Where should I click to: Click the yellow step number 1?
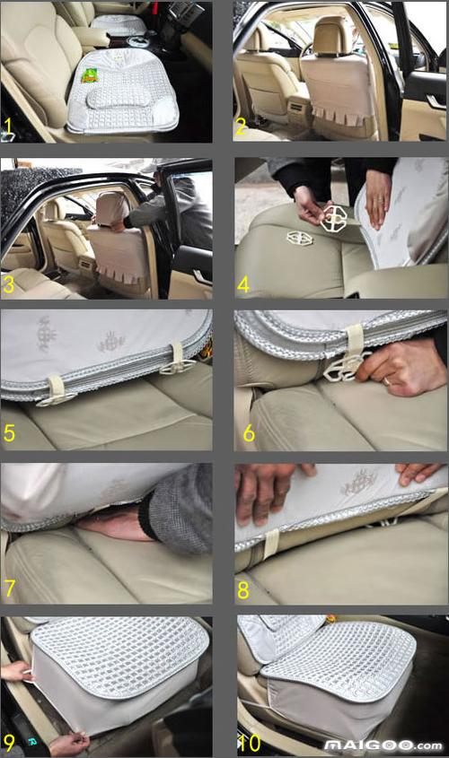pos(8,126)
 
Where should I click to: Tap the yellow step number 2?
pos(241,126)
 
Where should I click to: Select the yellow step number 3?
pos(8,284)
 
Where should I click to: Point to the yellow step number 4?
pos(243,284)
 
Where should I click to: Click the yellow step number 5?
pos(9,433)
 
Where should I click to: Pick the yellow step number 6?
pos(249,433)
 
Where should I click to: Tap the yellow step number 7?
pos(10,588)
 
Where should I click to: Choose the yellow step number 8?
pos(242,589)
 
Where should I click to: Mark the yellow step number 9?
pos(8,742)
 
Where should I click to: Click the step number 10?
pos(249,743)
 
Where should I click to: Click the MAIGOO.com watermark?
pos(383,745)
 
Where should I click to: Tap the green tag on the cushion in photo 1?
pos(91,75)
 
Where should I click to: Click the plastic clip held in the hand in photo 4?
pos(333,217)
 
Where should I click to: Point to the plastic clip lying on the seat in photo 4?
pos(300,238)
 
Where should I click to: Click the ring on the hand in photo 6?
pos(386,381)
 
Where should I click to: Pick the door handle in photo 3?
pos(201,277)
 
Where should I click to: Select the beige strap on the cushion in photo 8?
pos(271,544)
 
